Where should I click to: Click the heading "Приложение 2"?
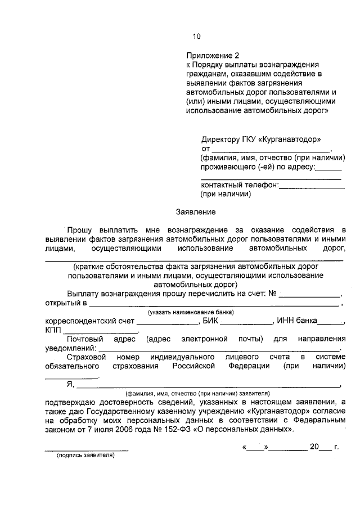click(x=213, y=56)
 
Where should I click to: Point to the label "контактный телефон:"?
click(x=240, y=184)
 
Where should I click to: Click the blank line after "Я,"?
click(x=208, y=386)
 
